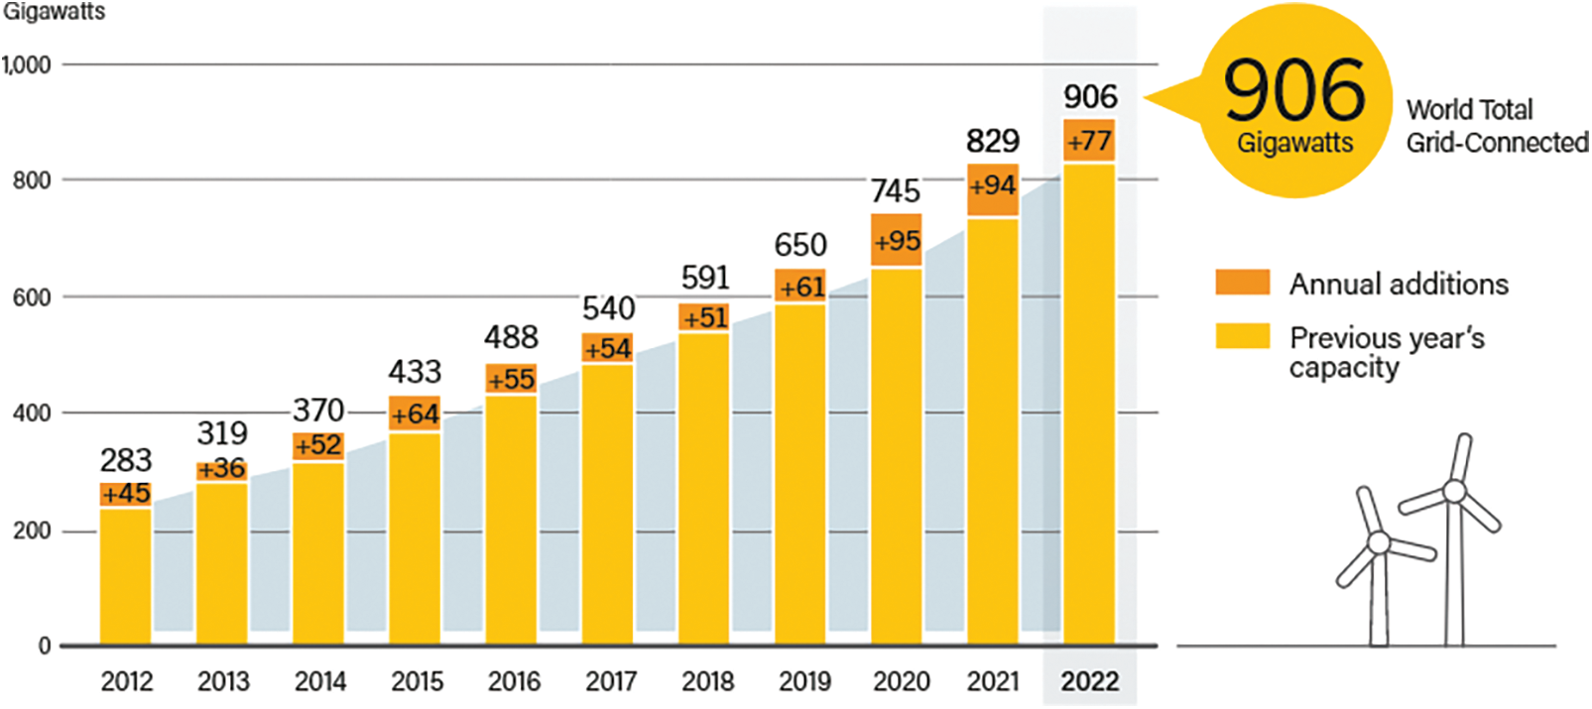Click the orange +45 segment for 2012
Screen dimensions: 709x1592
tap(126, 494)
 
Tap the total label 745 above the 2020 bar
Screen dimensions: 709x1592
tap(896, 190)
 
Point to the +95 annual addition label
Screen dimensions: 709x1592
tap(897, 241)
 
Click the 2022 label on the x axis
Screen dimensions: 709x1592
tap(1089, 681)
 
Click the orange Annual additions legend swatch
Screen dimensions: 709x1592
tap(1242, 283)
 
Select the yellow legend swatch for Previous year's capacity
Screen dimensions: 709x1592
tap(1242, 336)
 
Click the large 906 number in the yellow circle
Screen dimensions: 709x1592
tap(1294, 90)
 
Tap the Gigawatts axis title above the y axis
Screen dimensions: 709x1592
tap(54, 13)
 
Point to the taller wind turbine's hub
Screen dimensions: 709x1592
tap(1454, 491)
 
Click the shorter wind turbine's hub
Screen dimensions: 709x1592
tap(1378, 542)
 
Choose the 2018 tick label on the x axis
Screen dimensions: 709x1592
tap(707, 681)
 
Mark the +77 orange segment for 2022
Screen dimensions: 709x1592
tap(1089, 141)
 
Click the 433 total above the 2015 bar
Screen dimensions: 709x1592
tap(415, 372)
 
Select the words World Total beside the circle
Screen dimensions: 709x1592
tap(1469, 109)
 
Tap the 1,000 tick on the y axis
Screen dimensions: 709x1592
tap(27, 65)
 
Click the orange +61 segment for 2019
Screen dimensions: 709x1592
tap(800, 287)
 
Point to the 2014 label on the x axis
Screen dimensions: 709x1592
tap(320, 681)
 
